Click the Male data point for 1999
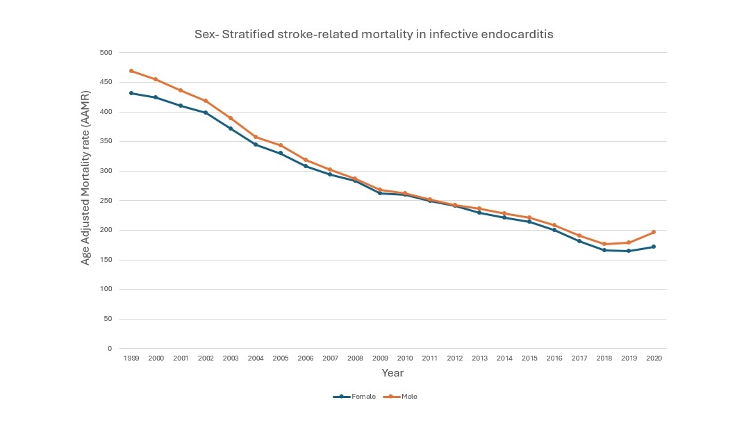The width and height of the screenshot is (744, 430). (131, 71)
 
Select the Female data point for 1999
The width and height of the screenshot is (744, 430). (131, 93)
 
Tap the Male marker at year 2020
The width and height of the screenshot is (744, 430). (654, 232)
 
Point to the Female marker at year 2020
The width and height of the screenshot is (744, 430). (654, 247)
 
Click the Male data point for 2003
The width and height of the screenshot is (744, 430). (231, 118)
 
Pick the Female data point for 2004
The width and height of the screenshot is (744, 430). (256, 144)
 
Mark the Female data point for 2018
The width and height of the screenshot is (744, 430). (604, 250)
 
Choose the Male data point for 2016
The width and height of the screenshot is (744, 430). (554, 225)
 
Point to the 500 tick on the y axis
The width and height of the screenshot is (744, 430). (106, 53)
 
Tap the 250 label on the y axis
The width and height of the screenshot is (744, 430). (106, 201)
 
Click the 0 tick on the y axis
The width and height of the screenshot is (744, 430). (109, 349)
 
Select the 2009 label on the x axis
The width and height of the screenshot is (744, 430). (380, 358)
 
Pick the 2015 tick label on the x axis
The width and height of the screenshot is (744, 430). (529, 358)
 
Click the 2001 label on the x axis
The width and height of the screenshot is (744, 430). (181, 358)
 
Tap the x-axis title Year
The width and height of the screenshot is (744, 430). (392, 373)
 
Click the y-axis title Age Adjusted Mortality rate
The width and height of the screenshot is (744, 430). (86, 177)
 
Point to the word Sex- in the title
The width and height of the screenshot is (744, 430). (205, 34)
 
